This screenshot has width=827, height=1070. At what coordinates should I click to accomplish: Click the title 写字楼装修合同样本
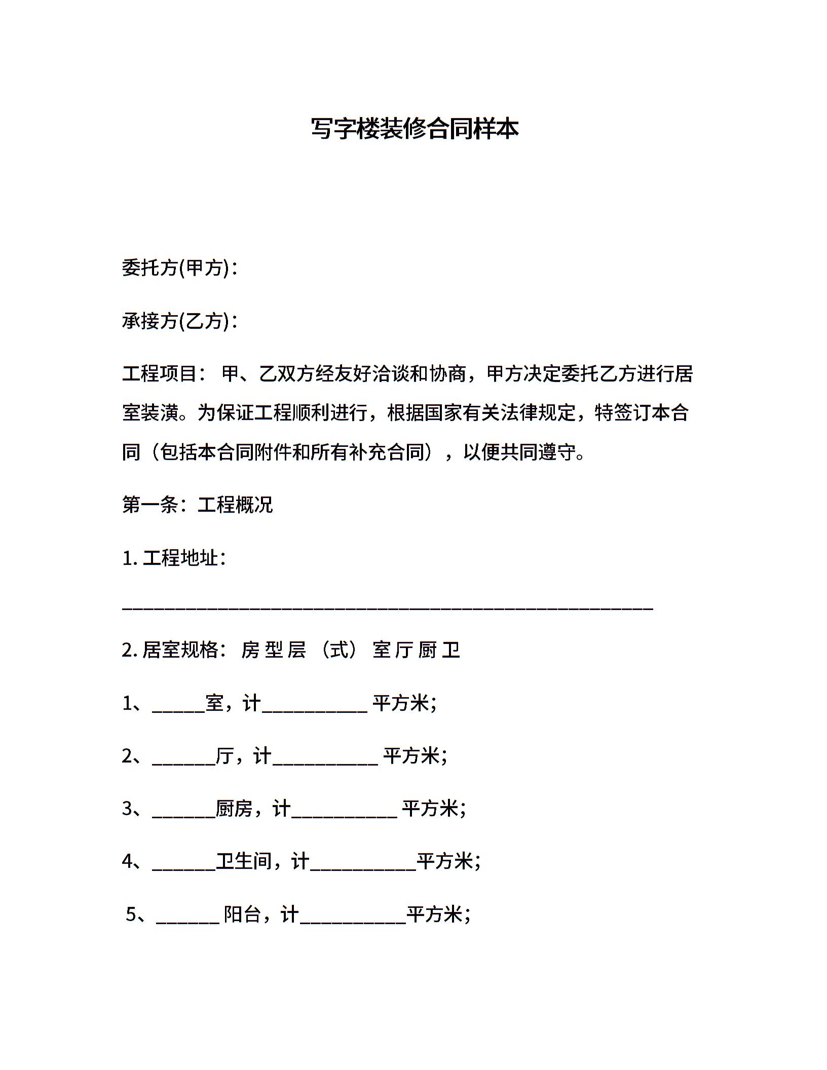point(414,129)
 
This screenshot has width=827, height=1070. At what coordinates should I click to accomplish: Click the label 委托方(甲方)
point(175,267)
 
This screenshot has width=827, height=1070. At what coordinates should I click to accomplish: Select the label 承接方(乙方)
point(175,321)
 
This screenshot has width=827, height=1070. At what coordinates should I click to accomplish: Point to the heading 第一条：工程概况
point(198,505)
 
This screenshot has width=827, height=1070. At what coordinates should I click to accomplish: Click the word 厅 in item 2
point(224,756)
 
